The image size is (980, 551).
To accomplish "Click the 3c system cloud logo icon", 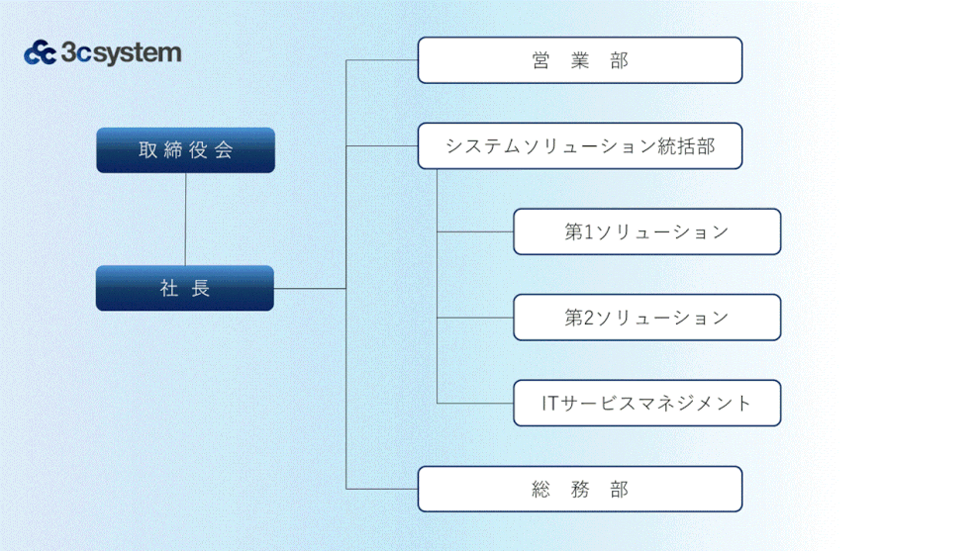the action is [40, 52].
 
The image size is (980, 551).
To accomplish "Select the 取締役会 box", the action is [186, 150].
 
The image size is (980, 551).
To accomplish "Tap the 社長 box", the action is [185, 288].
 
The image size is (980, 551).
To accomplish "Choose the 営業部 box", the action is [580, 60].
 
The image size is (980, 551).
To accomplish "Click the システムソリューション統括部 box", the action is [580, 145].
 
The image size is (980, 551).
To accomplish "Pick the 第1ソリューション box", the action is [646, 231].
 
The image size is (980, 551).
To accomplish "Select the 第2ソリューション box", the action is [646, 318].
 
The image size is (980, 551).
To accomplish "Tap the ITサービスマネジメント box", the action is [646, 403].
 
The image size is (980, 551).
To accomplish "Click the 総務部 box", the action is [580, 489].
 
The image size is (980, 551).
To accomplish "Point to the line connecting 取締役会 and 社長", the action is [185, 220].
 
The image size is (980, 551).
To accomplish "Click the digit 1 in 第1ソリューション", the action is [588, 231].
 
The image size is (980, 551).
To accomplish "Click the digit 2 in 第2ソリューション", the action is [588, 318].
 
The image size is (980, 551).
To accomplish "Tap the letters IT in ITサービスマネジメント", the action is [549, 403].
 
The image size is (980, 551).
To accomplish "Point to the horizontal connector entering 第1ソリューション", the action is [475, 231].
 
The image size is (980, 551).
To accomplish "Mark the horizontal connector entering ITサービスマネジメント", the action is [475, 403].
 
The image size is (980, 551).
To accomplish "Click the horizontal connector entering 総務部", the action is [382, 489].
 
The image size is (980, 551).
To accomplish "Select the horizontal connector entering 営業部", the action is [382, 60].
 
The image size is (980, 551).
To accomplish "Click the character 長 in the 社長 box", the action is [201, 288].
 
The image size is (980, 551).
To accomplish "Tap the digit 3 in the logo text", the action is [68, 52].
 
